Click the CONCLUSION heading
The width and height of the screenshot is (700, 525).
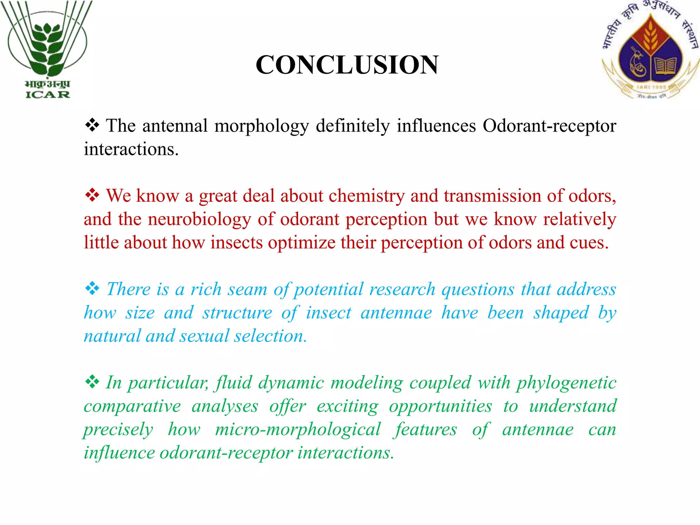(x=347, y=65)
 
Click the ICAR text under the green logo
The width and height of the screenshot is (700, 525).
(x=48, y=94)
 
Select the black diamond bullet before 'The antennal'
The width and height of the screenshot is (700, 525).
(x=92, y=125)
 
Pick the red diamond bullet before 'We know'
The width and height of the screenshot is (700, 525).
(x=92, y=196)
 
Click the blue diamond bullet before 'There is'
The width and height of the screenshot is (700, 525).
(x=92, y=289)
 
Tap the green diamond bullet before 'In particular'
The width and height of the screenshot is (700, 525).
(x=92, y=382)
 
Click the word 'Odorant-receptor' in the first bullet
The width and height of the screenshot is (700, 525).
(x=549, y=126)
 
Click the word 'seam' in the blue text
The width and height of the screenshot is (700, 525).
(x=247, y=290)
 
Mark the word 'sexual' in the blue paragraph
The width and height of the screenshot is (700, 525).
(x=204, y=336)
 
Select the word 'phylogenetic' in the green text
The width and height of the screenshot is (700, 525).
(x=566, y=383)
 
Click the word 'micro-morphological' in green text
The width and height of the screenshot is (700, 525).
(x=298, y=430)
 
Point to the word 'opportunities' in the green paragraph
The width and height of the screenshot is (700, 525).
(x=441, y=407)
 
